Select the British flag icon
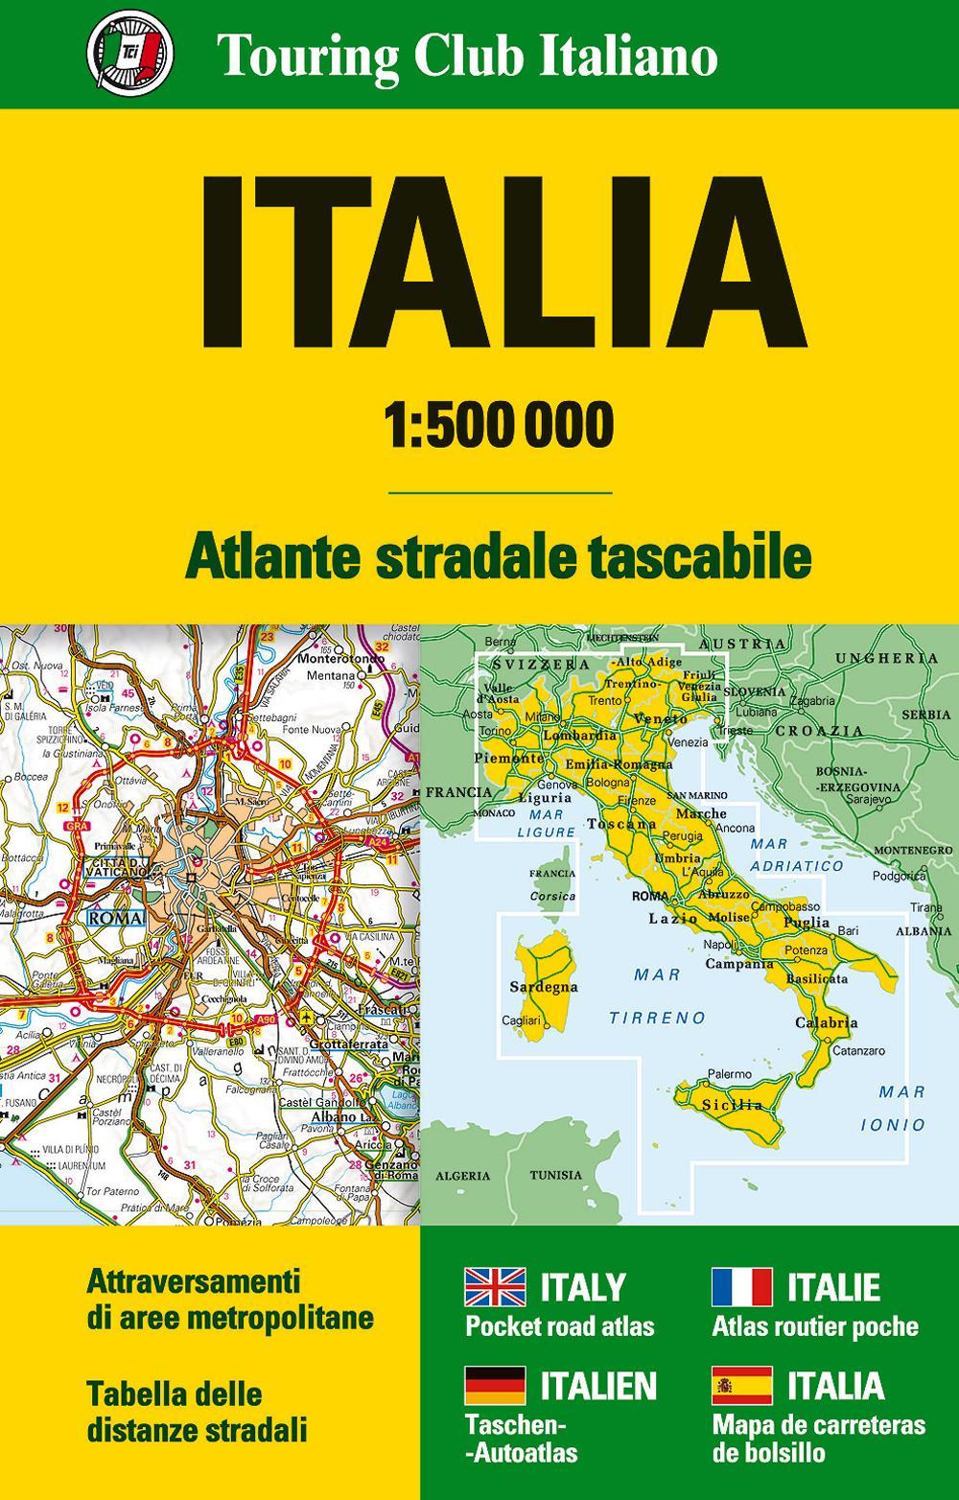pos(495,1287)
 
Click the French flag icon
pos(741,1287)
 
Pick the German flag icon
pos(495,1386)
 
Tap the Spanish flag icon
pos(741,1386)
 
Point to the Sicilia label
pos(735,1105)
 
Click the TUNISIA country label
pos(556,1175)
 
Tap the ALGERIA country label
pos(462,1175)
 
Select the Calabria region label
pos(827,1023)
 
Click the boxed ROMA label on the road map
pos(115,918)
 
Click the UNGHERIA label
pos(888,658)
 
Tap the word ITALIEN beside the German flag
pos(599,1386)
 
